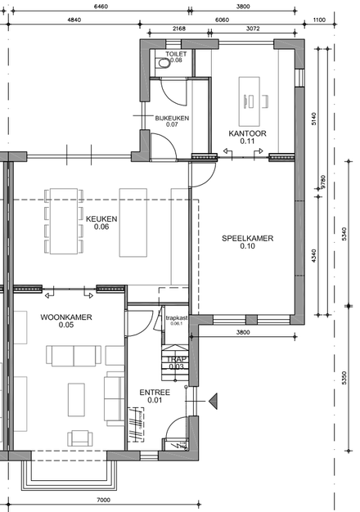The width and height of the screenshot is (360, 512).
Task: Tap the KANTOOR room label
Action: pos(247,133)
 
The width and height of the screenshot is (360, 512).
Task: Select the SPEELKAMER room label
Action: pos(247,238)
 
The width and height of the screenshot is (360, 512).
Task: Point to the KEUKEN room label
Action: pos(101,218)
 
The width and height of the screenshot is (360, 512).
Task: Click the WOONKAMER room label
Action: pos(66,317)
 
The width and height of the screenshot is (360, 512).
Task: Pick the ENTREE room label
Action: pos(155,393)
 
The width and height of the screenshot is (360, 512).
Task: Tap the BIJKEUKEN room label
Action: pos(172,119)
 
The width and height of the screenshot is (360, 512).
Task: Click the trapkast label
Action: pos(177,317)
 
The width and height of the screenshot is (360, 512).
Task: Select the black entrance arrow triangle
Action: pos(213,401)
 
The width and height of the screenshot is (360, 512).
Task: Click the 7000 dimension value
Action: pos(104,500)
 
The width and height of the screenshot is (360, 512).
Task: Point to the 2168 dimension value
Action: pos(179,29)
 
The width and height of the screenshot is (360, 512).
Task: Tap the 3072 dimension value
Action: pos(253,29)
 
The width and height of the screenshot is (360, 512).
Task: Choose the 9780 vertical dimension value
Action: pos(323,182)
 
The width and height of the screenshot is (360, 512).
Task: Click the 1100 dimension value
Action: pos(319,20)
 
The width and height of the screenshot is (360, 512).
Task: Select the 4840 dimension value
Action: pos(74,20)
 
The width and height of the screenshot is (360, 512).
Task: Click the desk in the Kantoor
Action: pos(250,101)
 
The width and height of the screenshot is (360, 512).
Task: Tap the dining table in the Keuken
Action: pos(64,221)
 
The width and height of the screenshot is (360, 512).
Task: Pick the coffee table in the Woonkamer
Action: pos(76,400)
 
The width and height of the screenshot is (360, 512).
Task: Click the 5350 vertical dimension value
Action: pos(345,378)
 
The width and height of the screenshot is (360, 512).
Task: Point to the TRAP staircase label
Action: pos(177,360)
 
